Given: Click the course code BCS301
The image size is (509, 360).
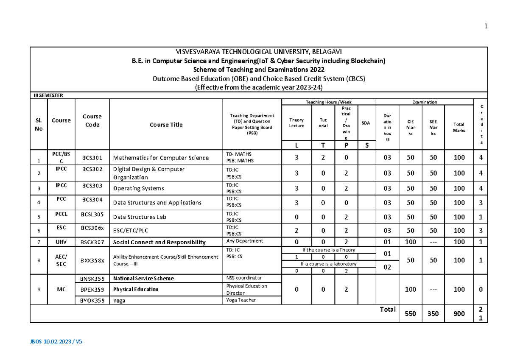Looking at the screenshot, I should tap(92, 158).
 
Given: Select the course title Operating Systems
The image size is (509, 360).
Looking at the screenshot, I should tap(138, 188).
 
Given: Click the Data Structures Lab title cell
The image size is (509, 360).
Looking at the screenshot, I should tap(140, 217).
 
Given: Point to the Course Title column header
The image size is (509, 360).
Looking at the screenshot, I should tap(166, 125).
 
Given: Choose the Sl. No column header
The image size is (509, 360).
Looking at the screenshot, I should tap(39, 125).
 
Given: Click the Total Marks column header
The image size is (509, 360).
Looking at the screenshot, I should tap(459, 128).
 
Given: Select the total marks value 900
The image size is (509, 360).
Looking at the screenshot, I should tap(459, 314).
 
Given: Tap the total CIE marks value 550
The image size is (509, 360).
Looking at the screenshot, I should tap(411, 314).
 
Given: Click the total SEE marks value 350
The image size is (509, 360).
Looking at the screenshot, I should tap(433, 314).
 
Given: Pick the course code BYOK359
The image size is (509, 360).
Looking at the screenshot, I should tap(92, 300).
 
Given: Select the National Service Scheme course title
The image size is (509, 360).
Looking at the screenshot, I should tap(143, 279).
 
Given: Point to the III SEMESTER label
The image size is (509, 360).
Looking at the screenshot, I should tap(48, 95).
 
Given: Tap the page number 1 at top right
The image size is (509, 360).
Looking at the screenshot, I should tap(486, 26).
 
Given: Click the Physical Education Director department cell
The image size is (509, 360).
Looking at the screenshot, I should tap(246, 289).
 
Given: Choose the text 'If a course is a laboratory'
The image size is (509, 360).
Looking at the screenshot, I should tap(329, 264).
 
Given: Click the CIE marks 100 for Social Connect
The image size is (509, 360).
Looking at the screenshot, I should tap(411, 242).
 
